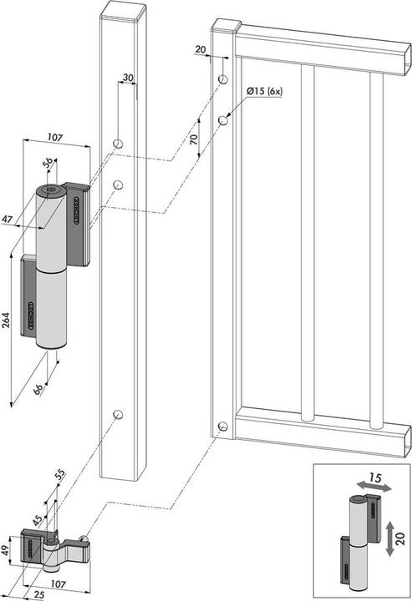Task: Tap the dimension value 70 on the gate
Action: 194,139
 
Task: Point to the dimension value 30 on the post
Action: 126,78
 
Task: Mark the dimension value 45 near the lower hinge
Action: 38,523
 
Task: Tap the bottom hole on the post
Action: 118,414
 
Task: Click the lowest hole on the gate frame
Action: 222,427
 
